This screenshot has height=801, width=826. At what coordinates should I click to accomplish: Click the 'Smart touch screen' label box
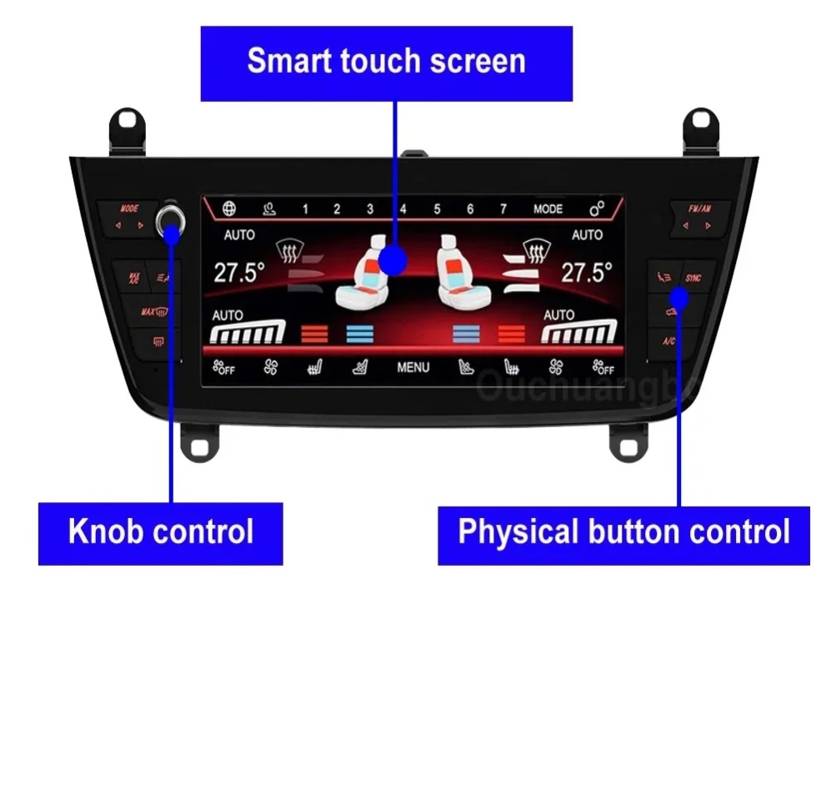point(386,63)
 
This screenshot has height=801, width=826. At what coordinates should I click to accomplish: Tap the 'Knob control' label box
point(160,532)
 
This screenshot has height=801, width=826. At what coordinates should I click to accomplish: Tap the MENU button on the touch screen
point(413,367)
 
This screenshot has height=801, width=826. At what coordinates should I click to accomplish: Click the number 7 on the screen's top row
point(503,209)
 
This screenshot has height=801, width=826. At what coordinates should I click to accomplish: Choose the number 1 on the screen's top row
point(305,209)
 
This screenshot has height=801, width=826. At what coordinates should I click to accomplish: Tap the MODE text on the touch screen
point(548,209)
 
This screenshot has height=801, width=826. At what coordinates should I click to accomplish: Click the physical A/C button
point(669,340)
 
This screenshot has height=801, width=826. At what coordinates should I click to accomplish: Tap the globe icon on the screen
point(229,209)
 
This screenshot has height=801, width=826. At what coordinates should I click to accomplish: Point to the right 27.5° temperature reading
point(586,273)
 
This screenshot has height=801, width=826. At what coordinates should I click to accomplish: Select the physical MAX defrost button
point(154,312)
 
